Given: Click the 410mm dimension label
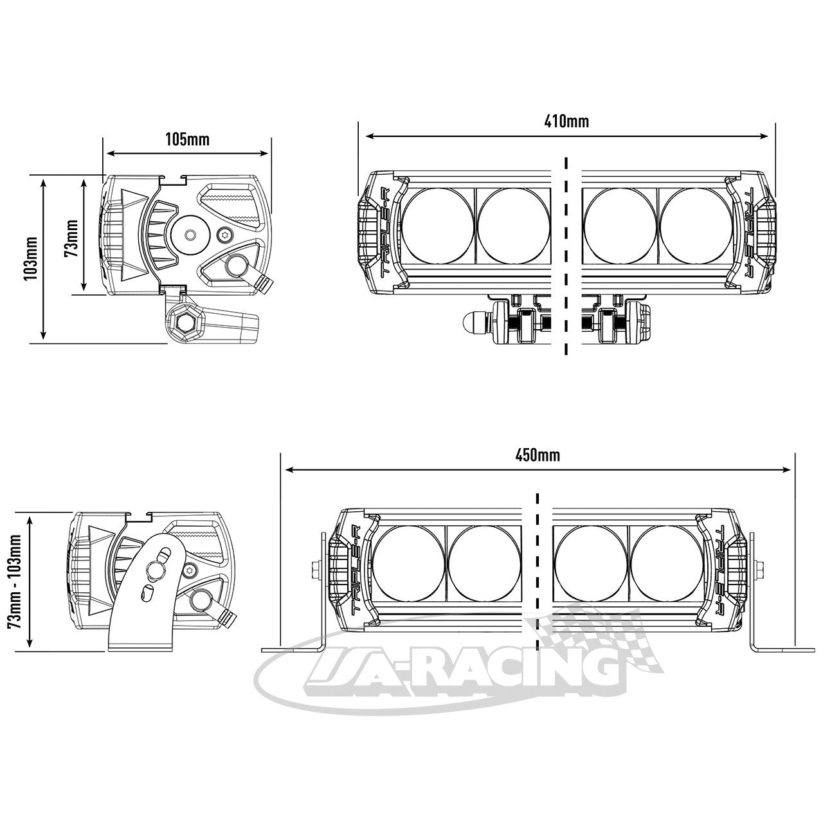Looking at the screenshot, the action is point(566,122).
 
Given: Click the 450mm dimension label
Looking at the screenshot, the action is point(538,455).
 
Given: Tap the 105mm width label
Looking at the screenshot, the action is point(188,140).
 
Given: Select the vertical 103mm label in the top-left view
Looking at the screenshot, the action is point(32,258).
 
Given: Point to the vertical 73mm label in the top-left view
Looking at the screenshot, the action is point(71,238).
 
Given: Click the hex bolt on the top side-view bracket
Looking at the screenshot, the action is point(185,321).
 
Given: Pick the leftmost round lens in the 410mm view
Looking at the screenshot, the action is point(438,226).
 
